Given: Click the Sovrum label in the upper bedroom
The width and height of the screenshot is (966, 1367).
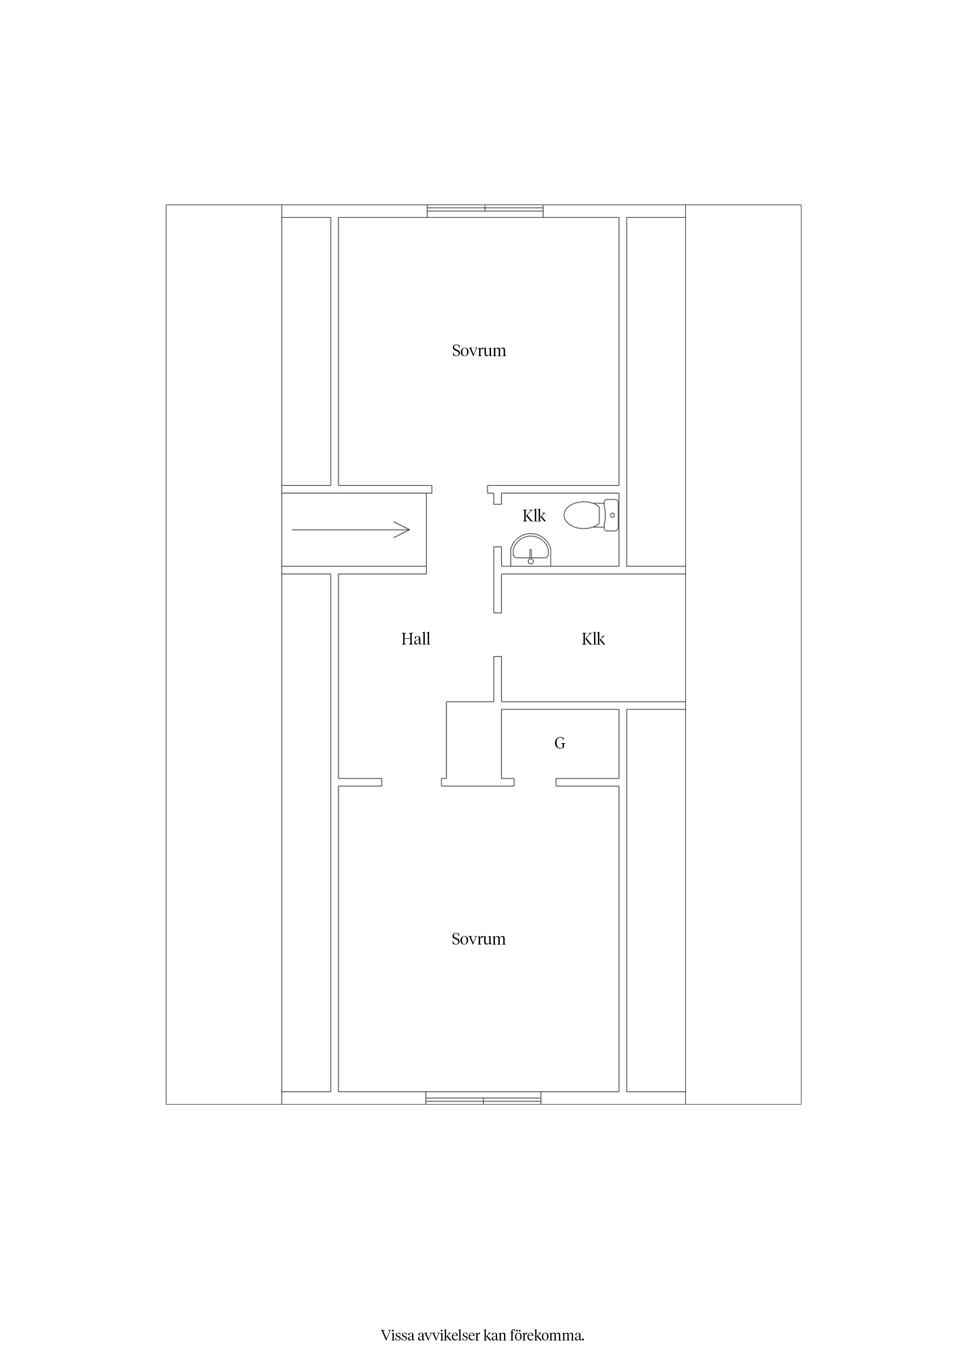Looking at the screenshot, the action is pos(479,351).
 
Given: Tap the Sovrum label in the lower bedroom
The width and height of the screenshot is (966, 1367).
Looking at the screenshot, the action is pos(479,939).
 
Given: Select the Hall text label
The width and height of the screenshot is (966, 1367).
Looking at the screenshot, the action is pos(416,639).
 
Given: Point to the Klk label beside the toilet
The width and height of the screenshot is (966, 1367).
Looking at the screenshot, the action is pos(534,516).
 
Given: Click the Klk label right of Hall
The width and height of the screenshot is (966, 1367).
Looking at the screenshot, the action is pos(593,639).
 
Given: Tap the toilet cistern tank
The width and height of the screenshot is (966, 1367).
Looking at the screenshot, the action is pos(611,515).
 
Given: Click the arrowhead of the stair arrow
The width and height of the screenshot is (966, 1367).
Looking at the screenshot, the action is pos(402,529).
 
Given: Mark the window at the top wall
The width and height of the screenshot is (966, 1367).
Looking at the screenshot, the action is pos(485,211).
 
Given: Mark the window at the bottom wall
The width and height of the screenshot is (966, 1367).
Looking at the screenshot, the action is pos(483,1098).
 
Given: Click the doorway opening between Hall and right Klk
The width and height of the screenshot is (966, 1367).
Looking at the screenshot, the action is pos(497,635).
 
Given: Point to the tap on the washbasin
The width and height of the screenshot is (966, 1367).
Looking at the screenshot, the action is pos(530,557).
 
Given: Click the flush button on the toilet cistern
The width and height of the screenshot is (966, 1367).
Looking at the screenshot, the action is pos(612,515).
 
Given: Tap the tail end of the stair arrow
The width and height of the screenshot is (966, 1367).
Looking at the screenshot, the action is pos(292,529).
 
